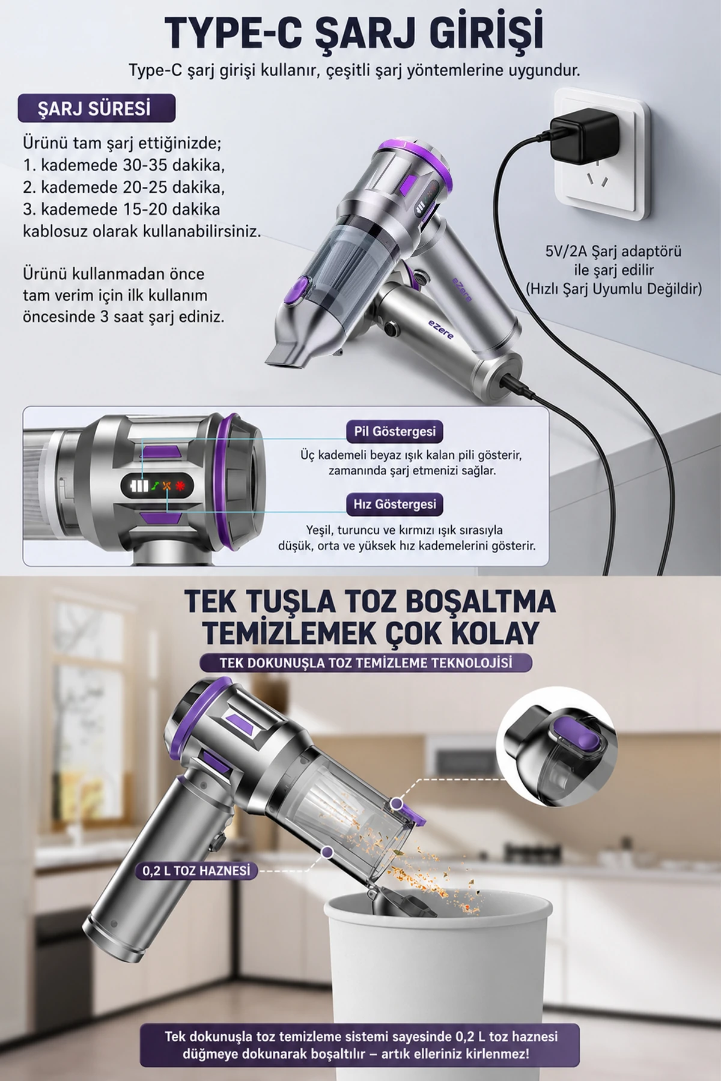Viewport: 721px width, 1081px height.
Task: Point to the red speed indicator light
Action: click(x=180, y=485)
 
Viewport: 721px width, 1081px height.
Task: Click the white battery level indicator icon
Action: click(x=139, y=485)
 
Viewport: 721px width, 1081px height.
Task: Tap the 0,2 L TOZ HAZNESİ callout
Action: click(x=196, y=871)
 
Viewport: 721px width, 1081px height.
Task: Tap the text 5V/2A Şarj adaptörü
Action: click(x=613, y=251)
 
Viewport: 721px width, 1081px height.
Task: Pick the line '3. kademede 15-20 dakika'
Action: click(x=121, y=209)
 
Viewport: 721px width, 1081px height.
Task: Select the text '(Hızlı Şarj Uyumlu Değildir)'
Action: click(x=613, y=289)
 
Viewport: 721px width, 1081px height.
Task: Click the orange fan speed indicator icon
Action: click(x=167, y=485)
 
